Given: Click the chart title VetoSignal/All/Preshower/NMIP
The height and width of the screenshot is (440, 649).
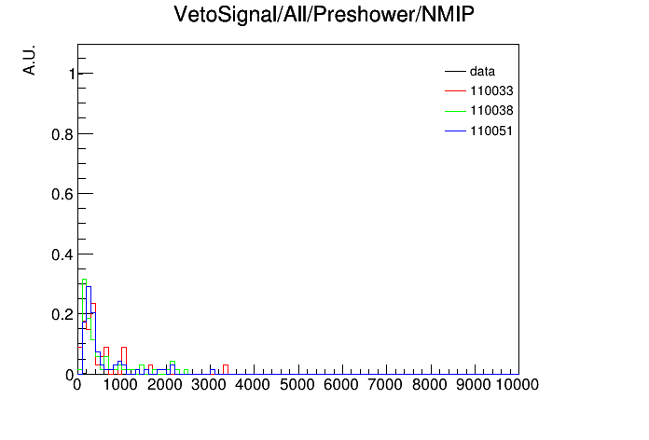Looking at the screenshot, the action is coord(324,15).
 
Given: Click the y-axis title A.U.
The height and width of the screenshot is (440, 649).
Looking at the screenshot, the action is coord(30,60).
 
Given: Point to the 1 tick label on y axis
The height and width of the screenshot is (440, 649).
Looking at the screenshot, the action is coord(72,74).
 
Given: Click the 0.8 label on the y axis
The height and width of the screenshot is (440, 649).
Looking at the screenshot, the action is coord(62,134).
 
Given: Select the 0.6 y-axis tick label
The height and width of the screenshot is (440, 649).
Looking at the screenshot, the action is coord(62,194).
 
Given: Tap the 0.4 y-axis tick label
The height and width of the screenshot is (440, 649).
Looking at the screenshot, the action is coord(62,254).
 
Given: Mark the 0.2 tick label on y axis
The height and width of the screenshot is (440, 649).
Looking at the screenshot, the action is coord(62,314).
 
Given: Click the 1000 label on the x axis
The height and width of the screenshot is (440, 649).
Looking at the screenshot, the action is coord(120,385).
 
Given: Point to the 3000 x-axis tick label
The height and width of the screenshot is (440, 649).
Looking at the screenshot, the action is coord(209,385).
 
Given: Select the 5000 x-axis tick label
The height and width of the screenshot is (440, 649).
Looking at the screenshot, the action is coord(297,385).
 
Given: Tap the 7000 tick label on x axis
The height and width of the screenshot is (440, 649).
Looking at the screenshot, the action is coord(385,385).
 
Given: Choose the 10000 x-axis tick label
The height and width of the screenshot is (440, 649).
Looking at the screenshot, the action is coord(518,385).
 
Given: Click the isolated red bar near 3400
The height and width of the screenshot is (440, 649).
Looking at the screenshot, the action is coord(226,370).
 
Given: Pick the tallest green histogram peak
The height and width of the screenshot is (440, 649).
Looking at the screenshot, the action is coord(85,280).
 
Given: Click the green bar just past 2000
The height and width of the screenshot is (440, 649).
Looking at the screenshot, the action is coord(173,362).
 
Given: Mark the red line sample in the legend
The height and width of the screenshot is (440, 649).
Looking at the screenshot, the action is coord(455,90).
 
